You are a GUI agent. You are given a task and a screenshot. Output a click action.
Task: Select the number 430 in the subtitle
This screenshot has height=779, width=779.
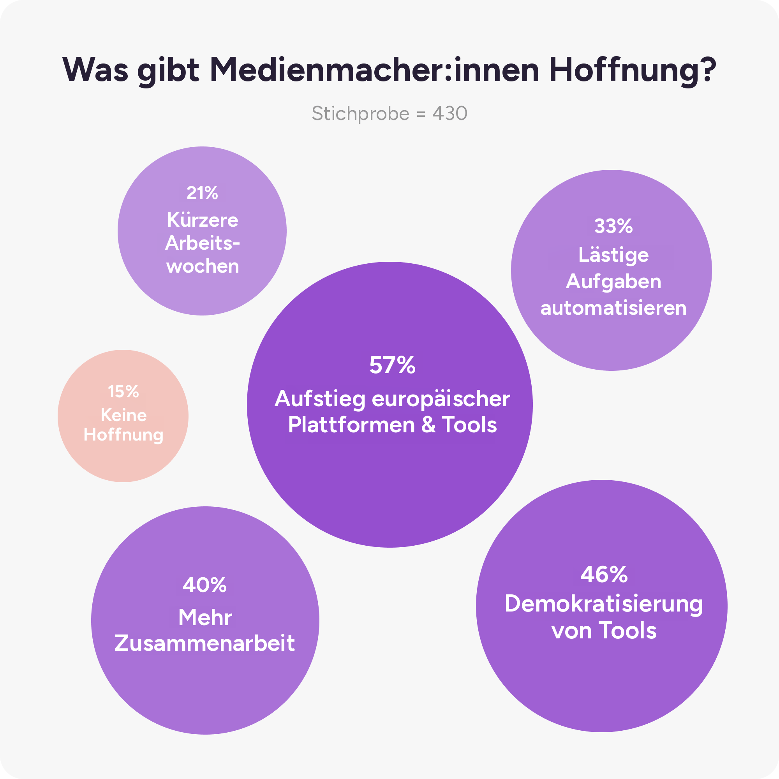[x=450, y=113]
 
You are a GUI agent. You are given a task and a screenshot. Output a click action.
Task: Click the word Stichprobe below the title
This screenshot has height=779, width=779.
[x=360, y=114]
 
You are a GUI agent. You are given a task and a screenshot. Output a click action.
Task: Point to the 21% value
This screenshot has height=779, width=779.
[x=203, y=193]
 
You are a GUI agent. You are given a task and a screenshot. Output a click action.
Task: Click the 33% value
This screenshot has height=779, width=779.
[x=613, y=226]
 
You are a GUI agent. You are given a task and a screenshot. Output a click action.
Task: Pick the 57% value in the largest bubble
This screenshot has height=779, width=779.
[x=392, y=365]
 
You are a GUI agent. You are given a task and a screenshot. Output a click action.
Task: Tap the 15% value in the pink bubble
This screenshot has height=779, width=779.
[x=123, y=391]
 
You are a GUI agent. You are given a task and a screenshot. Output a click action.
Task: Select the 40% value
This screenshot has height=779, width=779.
[x=205, y=585]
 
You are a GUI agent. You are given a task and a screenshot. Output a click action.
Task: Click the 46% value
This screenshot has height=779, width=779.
[x=604, y=574]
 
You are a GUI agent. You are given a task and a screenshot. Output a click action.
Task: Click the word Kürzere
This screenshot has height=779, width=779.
[x=203, y=220]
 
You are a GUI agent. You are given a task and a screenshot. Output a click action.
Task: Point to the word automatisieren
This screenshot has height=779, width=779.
[x=613, y=308]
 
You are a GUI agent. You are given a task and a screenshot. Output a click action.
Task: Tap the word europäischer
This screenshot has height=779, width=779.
[x=441, y=400]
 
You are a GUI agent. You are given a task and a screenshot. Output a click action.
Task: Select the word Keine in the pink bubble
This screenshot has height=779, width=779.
[x=123, y=415]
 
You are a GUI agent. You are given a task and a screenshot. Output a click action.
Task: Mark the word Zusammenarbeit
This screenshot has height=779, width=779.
[x=205, y=643]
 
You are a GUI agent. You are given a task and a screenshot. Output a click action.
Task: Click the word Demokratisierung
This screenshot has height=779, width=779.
[x=604, y=605]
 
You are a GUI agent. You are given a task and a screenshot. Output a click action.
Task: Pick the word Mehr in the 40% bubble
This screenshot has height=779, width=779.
[x=205, y=617]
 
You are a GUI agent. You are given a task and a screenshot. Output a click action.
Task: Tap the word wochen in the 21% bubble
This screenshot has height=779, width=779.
[x=203, y=266]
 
